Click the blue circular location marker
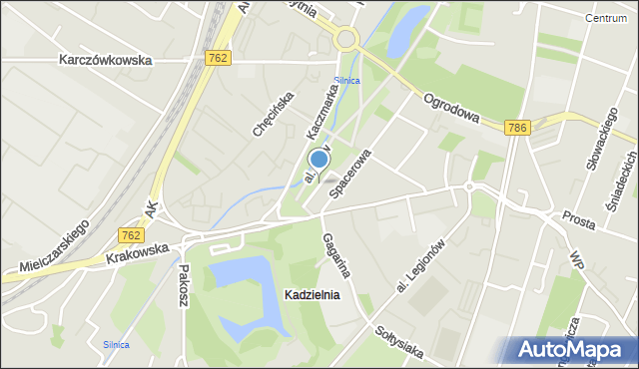(x=319, y=159)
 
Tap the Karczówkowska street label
(x=105, y=60)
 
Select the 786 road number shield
(x=517, y=128)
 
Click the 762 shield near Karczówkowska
(x=219, y=59)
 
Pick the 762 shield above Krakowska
(x=130, y=235)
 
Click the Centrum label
(x=606, y=18)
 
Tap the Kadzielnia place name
(x=312, y=295)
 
